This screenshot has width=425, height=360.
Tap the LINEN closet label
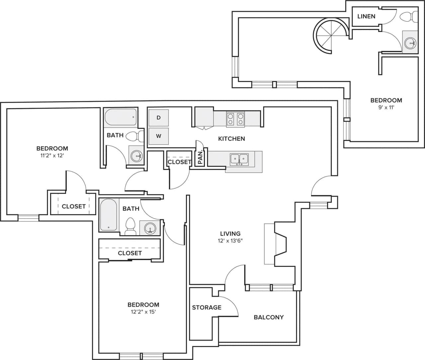366,16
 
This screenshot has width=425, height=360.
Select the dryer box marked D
158,118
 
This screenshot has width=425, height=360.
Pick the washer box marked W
158,136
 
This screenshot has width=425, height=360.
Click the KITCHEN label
231,138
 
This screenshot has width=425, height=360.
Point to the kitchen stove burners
235,119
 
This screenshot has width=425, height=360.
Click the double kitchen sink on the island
239,159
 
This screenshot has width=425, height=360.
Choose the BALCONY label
269,317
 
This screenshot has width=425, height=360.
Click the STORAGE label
207,308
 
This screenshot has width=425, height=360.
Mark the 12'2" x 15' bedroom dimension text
143,312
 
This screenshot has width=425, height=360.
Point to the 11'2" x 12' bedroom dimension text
52,155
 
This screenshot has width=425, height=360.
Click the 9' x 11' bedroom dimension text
386,108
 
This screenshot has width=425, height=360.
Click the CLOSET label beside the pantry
179,162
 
